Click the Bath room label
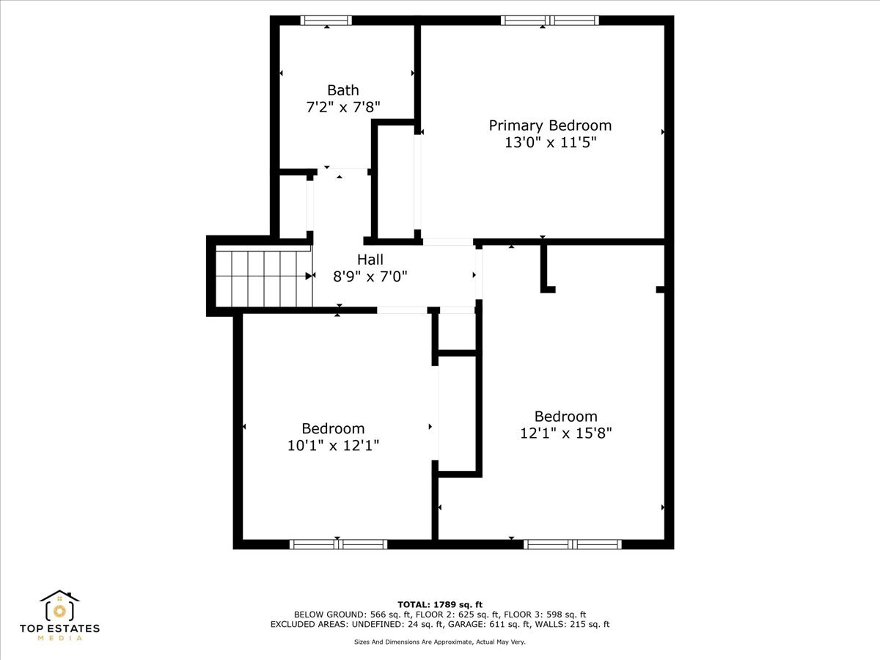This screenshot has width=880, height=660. [342, 90]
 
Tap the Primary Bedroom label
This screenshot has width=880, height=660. [550, 125]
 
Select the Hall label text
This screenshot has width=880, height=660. [370, 260]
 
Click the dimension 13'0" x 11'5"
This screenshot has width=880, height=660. [550, 143]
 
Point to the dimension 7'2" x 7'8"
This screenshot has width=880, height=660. [342, 107]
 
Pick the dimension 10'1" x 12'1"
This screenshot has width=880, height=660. [333, 445]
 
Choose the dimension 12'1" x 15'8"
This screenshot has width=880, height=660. [565, 433]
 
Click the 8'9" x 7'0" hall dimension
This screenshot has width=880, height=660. [370, 276]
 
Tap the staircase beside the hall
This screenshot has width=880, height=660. [263, 278]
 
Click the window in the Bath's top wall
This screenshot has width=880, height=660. [326, 21]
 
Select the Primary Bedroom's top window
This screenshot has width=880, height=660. [549, 21]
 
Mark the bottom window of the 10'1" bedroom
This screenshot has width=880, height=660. [338, 544]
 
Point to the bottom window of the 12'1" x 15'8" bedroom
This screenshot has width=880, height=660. [572, 544]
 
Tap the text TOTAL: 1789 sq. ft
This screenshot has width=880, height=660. [440, 604]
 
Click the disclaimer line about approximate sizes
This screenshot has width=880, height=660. [440, 642]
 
